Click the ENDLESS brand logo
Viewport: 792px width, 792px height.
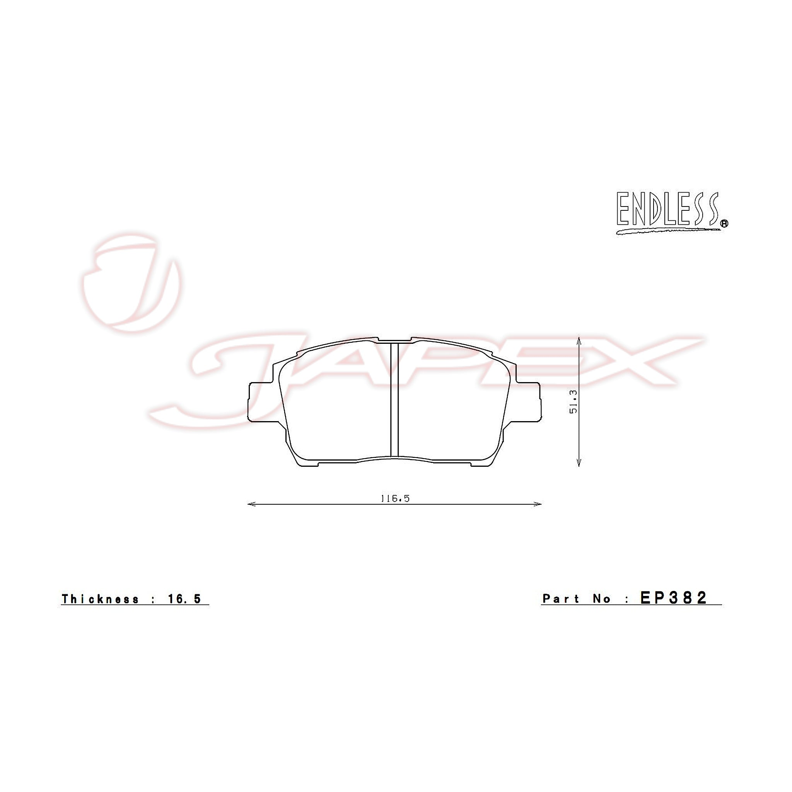pyautogui.click(x=672, y=213)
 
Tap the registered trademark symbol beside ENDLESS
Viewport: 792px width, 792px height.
pyautogui.click(x=724, y=224)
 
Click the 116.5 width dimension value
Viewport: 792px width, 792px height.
pyautogui.click(x=395, y=498)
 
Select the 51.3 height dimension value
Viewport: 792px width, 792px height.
pyautogui.click(x=573, y=401)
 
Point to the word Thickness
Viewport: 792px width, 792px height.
pyautogui.click(x=101, y=599)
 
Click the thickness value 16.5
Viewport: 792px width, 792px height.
pyautogui.click(x=184, y=599)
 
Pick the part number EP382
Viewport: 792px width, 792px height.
pyautogui.click(x=674, y=598)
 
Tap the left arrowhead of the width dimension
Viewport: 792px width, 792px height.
pyautogui.click(x=251, y=504)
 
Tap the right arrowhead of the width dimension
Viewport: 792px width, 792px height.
pyautogui.click(x=538, y=504)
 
